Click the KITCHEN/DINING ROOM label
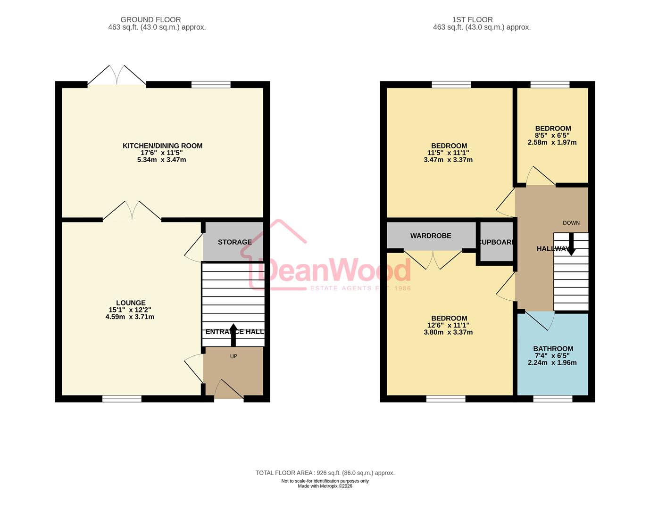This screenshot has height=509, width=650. [x=162, y=146]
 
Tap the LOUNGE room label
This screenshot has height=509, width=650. [x=131, y=303]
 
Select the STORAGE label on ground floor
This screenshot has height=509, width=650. [x=234, y=242]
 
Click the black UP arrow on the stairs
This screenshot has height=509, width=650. [x=233, y=334]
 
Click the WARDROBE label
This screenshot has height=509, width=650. [x=430, y=236]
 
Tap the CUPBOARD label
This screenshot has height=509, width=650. [x=496, y=242]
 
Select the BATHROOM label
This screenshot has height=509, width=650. [x=553, y=349]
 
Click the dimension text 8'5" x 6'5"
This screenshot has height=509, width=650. [x=552, y=135]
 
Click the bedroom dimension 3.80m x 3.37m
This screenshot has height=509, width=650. [x=448, y=332]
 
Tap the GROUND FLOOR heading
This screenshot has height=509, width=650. [x=150, y=20]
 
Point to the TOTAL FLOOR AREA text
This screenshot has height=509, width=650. [x=325, y=473]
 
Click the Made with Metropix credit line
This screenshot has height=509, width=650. [x=325, y=486]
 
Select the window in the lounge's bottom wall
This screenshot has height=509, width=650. [x=122, y=399]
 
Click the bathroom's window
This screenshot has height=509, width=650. [x=552, y=399]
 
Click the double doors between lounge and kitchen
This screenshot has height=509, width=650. [x=132, y=211]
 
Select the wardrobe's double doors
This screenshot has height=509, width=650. [x=433, y=259]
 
